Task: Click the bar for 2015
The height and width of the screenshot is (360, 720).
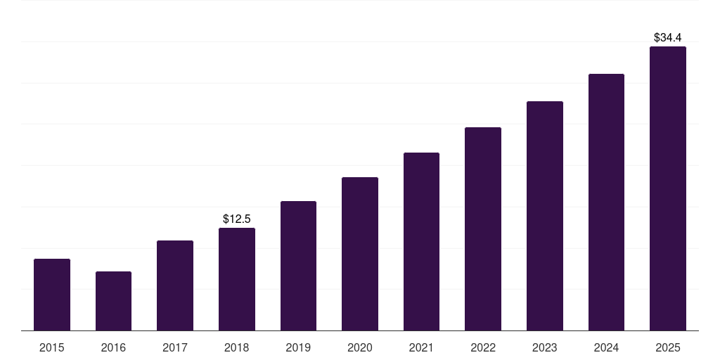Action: coord(52,295)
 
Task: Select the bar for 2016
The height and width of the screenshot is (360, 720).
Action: coord(113,301)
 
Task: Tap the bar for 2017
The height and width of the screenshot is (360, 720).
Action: coord(175,285)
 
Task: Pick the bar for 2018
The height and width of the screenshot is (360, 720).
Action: coord(237,279)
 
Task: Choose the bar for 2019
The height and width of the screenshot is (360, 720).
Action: coord(298,266)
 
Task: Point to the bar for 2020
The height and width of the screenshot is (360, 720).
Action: coord(360,254)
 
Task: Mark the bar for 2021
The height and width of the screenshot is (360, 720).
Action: coord(421,241)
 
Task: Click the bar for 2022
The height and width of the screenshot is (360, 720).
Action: coord(483,229)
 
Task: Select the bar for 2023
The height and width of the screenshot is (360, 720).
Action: coord(545,216)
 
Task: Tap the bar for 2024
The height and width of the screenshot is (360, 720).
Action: coord(606,202)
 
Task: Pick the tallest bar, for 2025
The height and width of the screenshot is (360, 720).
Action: coord(668,188)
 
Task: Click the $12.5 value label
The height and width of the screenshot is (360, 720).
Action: coord(237,219)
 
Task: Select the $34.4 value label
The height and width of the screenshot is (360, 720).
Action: coord(668,37)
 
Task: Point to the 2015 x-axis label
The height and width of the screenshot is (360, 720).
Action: coord(52,347)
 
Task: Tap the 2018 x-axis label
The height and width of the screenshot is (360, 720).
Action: coord(237,347)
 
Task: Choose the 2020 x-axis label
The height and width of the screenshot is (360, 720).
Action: coord(360,347)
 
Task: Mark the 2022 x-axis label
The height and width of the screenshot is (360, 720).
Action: coord(483,347)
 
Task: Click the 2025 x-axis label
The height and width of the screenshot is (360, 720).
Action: coord(668,347)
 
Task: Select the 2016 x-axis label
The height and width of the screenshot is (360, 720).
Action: coord(113,347)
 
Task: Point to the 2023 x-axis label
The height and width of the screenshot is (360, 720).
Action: coord(545,347)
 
